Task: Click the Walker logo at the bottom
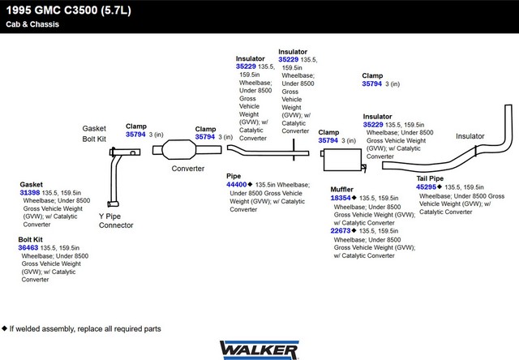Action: pyautogui.click(x=259, y=350)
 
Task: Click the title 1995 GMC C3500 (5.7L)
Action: pyautogui.click(x=68, y=11)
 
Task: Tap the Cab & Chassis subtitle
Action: pyautogui.click(x=32, y=24)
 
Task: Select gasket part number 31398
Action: pyautogui.click(x=30, y=193)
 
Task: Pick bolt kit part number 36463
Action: pyautogui.click(x=28, y=247)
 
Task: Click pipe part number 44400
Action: pyautogui.click(x=236, y=185)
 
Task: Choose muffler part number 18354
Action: pyautogui.click(x=341, y=198)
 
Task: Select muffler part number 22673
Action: pyautogui.click(x=341, y=230)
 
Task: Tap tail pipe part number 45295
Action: pyautogui.click(x=426, y=187)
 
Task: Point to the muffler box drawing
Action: pyautogui.click(x=343, y=161)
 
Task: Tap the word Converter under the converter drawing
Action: pyautogui.click(x=187, y=169)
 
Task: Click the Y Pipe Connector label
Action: pyautogui.click(x=116, y=221)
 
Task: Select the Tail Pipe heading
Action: pyautogui.click(x=430, y=178)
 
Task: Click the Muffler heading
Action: pyautogui.click(x=341, y=189)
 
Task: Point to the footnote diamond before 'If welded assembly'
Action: pyautogui.click(x=4, y=328)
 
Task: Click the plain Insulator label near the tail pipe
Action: pyautogui.click(x=470, y=136)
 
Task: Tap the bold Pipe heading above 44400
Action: pyautogui.click(x=234, y=176)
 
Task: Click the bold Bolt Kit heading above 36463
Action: pyautogui.click(x=31, y=239)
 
